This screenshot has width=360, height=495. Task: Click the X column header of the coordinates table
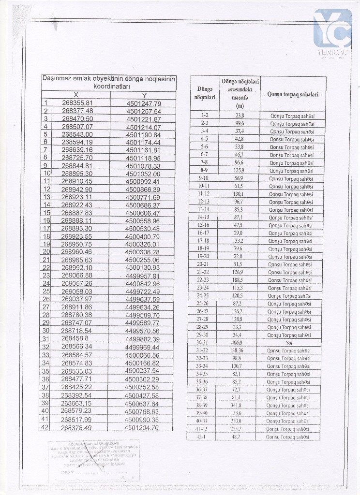(76, 95)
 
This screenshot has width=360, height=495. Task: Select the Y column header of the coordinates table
(144, 95)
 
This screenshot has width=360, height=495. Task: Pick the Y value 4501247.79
(143, 103)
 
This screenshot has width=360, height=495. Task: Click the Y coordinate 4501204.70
(141, 428)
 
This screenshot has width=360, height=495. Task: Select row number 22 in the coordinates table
(46, 267)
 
